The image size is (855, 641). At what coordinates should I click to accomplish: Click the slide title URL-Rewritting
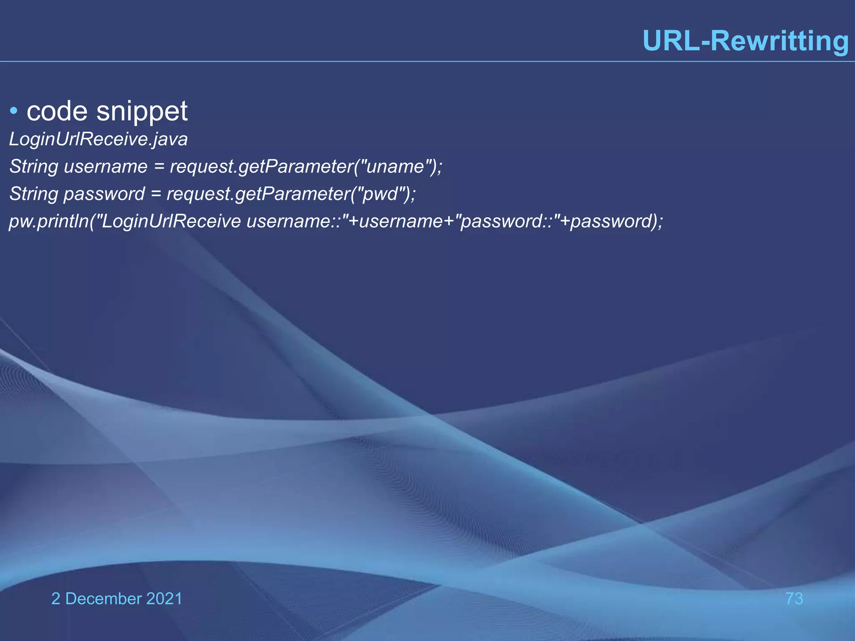(746, 41)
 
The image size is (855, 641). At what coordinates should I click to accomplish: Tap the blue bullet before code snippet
(14, 111)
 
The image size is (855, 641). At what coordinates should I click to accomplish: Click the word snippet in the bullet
(142, 112)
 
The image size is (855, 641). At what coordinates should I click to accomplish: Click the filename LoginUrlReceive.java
(99, 139)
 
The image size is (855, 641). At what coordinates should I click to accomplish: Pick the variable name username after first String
(106, 167)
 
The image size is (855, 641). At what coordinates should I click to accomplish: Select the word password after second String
(104, 194)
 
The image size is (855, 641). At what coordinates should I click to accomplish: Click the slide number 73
(794, 598)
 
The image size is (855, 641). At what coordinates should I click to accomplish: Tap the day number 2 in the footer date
(56, 598)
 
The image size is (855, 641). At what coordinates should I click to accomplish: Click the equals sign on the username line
(159, 167)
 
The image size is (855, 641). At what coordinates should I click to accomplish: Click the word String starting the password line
(34, 194)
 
